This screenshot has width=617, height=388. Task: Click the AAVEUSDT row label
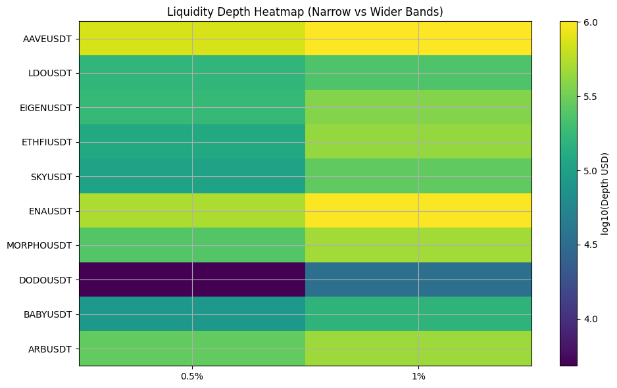click(x=47, y=39)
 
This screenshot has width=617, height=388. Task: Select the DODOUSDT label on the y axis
click(x=46, y=280)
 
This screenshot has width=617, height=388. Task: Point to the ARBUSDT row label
click(x=50, y=349)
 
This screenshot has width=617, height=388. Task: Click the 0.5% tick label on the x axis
click(x=192, y=377)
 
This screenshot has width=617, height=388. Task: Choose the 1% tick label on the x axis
click(x=418, y=377)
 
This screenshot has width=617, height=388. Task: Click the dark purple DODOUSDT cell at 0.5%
click(x=192, y=279)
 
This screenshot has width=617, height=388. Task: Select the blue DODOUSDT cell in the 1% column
click(x=418, y=279)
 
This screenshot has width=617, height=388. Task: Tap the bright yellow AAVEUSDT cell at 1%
click(x=418, y=39)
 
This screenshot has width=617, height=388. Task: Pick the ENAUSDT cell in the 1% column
click(x=418, y=211)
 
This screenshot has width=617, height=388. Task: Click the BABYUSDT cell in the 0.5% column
click(x=192, y=314)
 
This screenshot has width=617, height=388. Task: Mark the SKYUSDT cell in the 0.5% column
click(x=192, y=176)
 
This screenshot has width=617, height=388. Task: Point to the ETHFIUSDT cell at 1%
click(x=418, y=142)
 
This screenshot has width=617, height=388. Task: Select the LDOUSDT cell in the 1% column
click(x=418, y=73)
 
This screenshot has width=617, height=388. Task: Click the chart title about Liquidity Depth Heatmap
click(x=305, y=12)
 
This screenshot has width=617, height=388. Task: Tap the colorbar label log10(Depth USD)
click(x=605, y=193)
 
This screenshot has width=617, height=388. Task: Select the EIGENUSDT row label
click(x=45, y=108)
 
